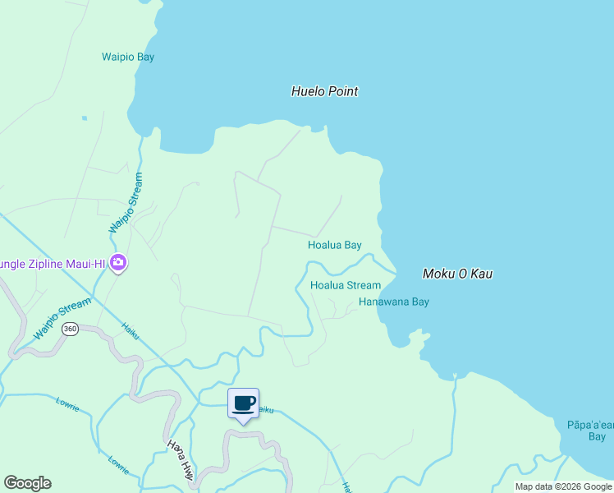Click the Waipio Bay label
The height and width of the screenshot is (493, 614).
[128, 57]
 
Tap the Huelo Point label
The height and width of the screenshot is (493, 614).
[324, 91]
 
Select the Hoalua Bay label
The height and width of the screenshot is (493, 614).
[334, 245]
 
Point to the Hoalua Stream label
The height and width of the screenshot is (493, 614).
[345, 285]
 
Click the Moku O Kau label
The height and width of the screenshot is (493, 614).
[456, 274]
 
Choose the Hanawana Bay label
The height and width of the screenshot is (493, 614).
[393, 302]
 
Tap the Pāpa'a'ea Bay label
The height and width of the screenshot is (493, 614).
[590, 430]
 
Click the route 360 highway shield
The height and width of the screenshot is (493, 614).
[70, 329]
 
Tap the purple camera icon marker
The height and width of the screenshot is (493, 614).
[118, 264]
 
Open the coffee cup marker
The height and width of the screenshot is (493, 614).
[243, 404]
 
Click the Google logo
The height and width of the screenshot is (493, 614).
[27, 483]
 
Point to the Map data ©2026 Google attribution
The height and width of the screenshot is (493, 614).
[563, 486]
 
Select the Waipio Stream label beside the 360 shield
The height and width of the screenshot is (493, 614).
[62, 320]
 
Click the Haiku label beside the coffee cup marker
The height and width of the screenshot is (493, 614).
[264, 409]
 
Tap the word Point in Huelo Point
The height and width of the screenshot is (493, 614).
[343, 91]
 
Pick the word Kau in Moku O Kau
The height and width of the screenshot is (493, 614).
[481, 274]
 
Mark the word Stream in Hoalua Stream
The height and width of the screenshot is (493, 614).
[363, 285]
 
